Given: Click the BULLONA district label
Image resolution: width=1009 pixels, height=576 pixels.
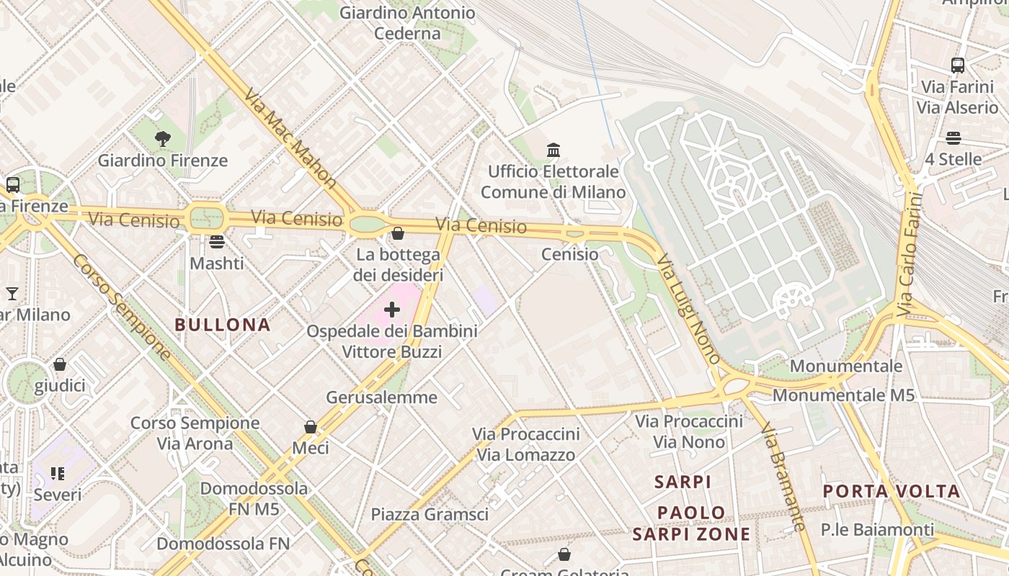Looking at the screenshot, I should point(223,325).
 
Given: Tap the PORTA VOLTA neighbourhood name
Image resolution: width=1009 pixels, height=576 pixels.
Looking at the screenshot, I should point(892,492).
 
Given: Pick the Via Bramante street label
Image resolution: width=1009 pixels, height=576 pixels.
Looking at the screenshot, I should point(783,476).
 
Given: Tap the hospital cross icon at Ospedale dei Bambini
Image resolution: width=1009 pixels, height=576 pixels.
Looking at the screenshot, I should point(392,310).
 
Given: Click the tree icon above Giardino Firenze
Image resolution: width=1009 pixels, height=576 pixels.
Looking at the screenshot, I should point(163,138).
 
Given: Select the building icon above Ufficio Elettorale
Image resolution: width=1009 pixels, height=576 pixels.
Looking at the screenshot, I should point(554,150).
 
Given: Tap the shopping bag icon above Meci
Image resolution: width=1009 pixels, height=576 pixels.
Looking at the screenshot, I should point(311,427).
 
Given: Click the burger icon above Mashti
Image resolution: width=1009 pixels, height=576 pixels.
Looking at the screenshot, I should point(217,241).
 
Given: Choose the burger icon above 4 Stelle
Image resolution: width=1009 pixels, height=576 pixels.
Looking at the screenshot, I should point(953,138).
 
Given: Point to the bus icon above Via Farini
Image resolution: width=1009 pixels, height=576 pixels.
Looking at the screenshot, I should point(957,66).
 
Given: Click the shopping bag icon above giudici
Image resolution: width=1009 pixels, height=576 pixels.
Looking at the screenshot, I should point(60,364).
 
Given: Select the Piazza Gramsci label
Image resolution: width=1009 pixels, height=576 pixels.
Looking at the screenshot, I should point(430,514).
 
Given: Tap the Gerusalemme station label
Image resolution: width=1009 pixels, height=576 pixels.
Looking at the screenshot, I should point(381,397).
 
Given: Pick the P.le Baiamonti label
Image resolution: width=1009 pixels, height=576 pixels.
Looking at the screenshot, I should point(877,530).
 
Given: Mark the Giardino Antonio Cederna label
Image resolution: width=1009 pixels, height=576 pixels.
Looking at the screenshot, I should point(407,23).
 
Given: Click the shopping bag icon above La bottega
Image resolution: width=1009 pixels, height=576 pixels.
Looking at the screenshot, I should point(397,233).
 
